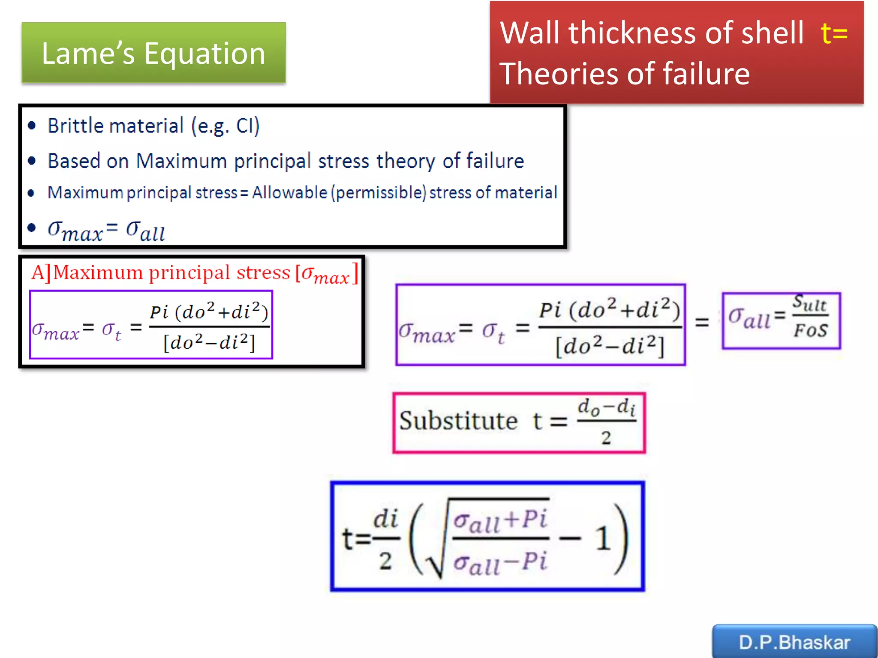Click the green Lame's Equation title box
click(153, 53)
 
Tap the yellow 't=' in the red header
click(834, 33)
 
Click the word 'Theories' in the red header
click(557, 74)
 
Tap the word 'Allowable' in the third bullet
click(289, 193)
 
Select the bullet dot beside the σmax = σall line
click(31, 227)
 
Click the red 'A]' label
click(41, 272)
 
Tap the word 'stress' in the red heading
click(263, 273)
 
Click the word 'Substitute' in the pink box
click(458, 421)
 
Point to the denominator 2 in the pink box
click(606, 438)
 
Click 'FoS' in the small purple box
click(810, 330)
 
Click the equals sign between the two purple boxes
click(702, 322)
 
